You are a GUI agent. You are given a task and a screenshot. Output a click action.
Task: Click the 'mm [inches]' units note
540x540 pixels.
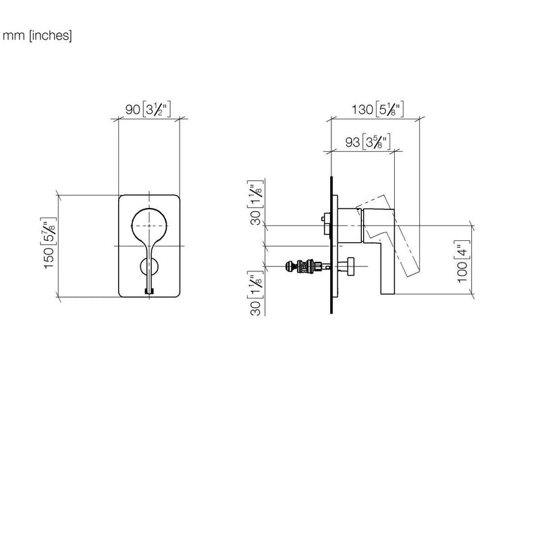[37, 36]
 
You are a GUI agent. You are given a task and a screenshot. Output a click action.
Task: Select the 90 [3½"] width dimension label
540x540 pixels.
[148, 109]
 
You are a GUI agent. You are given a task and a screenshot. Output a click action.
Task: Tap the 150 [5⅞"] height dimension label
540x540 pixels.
[49, 243]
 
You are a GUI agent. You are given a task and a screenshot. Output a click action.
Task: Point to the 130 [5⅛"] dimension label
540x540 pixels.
[377, 109]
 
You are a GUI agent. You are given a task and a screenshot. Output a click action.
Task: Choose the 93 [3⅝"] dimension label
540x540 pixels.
[368, 142]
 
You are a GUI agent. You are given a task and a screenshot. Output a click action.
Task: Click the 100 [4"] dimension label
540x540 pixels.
[462, 261]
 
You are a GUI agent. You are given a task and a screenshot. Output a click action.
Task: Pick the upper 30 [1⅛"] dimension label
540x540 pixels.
[256, 202]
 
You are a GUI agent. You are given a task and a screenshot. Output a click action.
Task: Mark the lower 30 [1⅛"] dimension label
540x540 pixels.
[256, 294]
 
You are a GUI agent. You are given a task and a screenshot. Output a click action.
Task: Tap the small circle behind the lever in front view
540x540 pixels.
[142, 266]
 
